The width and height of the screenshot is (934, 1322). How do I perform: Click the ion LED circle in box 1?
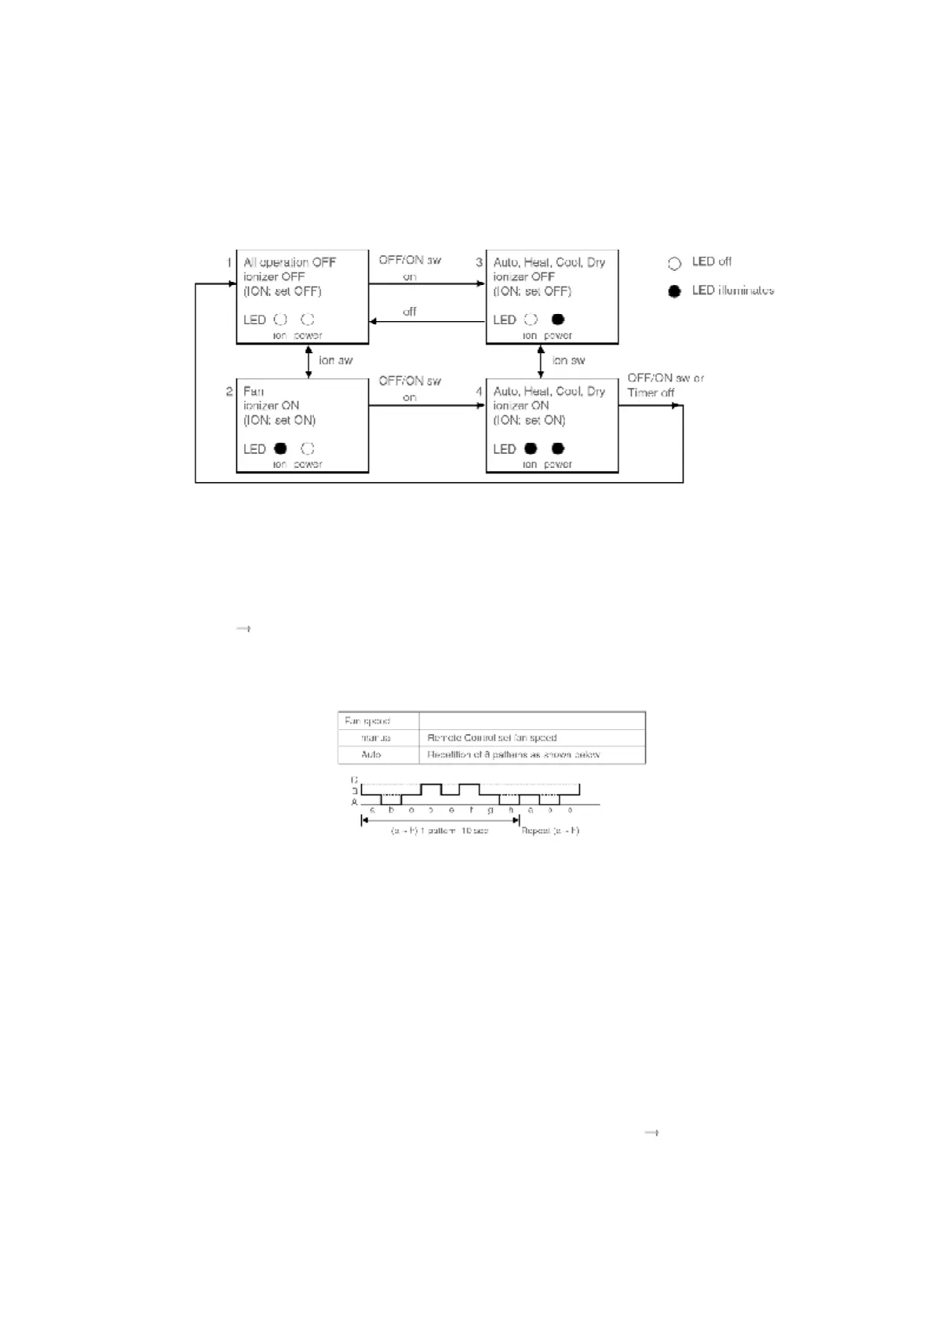(280, 320)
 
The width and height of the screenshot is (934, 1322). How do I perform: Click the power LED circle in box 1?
(308, 320)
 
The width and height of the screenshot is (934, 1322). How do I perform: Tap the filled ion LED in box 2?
(280, 448)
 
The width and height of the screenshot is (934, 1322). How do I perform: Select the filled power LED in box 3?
(558, 320)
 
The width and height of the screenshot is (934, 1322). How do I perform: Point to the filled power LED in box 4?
(558, 448)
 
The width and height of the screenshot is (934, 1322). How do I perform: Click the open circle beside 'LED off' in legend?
(674, 263)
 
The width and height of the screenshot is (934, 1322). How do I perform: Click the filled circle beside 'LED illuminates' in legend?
(674, 291)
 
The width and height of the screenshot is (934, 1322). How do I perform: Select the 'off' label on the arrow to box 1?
(410, 312)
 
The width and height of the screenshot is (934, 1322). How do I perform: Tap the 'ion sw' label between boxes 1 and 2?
(335, 360)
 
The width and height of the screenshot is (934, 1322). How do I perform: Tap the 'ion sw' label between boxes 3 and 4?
(568, 360)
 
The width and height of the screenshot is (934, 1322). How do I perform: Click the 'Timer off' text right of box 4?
(651, 393)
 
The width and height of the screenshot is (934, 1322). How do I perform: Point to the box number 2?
(229, 391)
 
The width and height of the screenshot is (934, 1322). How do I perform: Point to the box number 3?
(479, 262)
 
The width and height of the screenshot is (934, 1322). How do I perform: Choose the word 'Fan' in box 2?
(254, 391)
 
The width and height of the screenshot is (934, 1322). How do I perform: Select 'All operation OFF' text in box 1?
(290, 262)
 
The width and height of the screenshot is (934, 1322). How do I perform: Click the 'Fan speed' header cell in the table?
(367, 721)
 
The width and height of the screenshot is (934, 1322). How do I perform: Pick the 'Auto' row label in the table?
(371, 754)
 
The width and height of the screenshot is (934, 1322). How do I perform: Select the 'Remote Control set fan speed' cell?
(492, 738)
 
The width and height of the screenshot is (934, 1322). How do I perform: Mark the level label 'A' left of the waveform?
(354, 802)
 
